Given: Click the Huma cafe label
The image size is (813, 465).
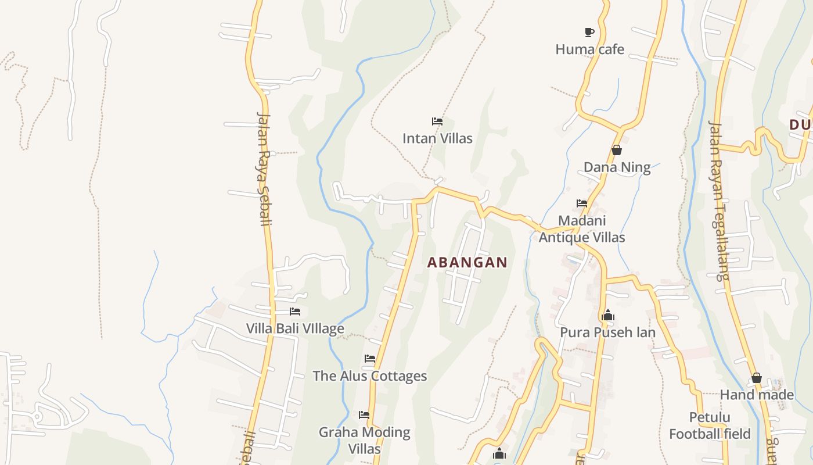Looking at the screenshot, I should point(589,49).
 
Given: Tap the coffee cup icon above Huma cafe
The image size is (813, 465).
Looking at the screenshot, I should point(589,32).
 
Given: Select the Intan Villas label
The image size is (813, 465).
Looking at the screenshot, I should point(437,138).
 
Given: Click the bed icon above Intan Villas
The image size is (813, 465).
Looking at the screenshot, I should point(437,121).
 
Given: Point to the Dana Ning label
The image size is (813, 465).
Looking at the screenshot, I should point(617,167).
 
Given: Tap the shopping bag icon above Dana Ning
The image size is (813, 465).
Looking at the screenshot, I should point(617,151).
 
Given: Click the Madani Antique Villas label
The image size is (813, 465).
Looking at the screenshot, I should point(582,229).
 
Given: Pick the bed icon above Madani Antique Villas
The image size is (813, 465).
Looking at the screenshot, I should point(582,203).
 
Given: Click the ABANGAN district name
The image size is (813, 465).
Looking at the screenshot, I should point(467,263).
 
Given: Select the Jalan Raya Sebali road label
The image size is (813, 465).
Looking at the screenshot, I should point(264,169).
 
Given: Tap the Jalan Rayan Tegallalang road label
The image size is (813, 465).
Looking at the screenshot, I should point(719,201).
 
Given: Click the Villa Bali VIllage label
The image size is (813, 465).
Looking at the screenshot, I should point(295,329).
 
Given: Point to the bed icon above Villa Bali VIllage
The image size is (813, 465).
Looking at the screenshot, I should point(295,312).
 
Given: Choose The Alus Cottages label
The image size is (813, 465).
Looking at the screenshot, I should point(370,376).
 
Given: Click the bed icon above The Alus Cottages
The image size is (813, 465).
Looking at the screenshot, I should point(370,359).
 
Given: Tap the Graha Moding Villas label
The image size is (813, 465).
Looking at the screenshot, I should point(365,440).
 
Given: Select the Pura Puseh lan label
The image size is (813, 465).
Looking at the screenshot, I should point(607,332).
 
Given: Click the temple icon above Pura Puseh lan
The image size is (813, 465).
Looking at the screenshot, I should point(608,316).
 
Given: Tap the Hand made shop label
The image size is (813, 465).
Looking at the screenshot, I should point(756,395).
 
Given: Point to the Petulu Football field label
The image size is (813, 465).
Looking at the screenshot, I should point(710,425).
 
